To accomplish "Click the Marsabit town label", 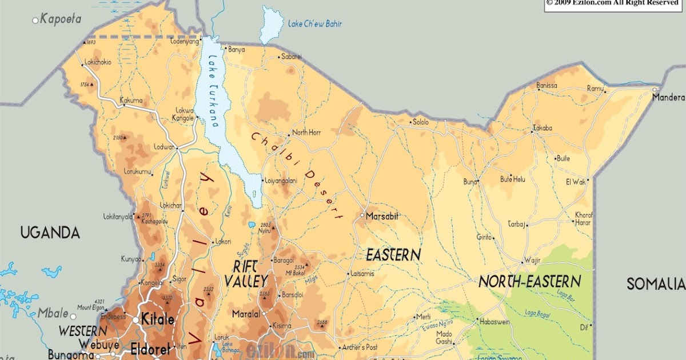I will point(382,216).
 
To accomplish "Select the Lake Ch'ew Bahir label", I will point(314,24).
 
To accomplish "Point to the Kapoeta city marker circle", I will point(35,21).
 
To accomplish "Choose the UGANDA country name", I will point(50,233).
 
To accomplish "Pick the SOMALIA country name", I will point(655,284).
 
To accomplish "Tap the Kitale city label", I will point(157,319).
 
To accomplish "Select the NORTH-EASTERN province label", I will point(530,281).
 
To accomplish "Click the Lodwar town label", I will point(163,147).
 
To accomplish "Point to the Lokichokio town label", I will point(98,62).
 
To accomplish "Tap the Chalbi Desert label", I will point(297,176).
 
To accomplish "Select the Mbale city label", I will point(53,314).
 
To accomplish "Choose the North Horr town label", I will point(307,133).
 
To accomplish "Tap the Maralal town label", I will point(246,314).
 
